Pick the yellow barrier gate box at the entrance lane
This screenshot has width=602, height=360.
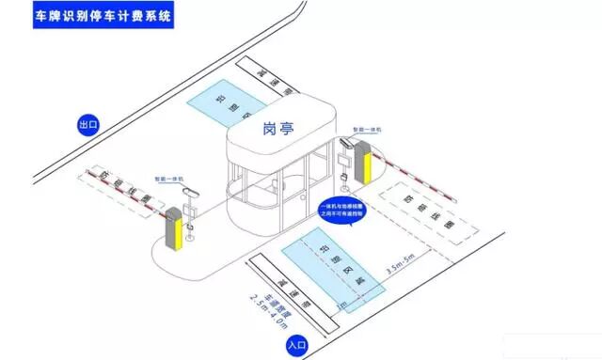[x=364, y=164]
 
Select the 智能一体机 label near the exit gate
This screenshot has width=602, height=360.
[x=169, y=176]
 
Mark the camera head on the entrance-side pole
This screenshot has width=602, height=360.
[x=346, y=146]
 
